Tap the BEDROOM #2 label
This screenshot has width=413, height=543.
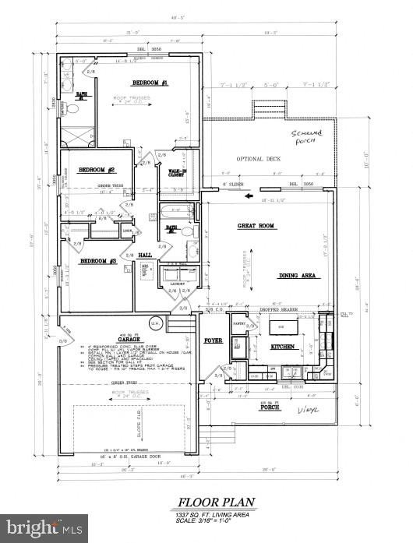point(102,170)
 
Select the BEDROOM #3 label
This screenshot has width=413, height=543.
point(100,260)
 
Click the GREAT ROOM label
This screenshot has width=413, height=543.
point(257,226)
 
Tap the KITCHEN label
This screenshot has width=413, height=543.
point(282,345)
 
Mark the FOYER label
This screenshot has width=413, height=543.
point(214,340)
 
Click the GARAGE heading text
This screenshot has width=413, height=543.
point(129,340)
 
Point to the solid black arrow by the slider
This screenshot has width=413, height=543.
point(249,196)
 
